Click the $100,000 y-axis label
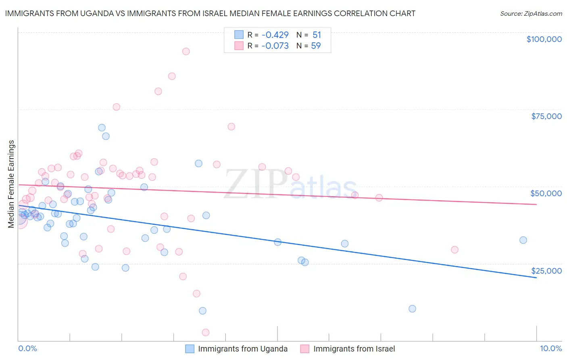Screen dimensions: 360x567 point(544,39)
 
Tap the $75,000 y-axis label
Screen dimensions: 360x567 point(546,116)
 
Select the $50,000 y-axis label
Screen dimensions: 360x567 point(546,193)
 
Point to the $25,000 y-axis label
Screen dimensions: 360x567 point(546,271)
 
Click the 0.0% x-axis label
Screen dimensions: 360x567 point(27,348)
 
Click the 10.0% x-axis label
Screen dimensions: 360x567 point(550,348)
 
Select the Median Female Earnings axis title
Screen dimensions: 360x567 point(11,184)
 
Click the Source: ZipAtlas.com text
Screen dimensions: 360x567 point(531,14)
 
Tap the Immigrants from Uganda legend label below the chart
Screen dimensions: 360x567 point(243,349)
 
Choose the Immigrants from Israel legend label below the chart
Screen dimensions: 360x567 point(354,349)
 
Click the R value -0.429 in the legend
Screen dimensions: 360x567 point(275,35)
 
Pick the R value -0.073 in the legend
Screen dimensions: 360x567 point(275,46)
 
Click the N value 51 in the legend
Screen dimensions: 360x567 point(317,35)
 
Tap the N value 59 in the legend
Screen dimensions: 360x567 point(316,46)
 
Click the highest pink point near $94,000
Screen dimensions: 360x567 point(186,51)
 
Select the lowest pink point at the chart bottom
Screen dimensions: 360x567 point(206,333)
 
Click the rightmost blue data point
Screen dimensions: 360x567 point(523,240)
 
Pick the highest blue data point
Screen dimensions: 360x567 point(102,128)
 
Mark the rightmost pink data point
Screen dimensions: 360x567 point(454,249)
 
